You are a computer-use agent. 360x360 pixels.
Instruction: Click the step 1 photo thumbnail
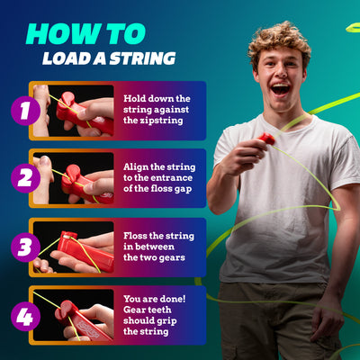[75, 111]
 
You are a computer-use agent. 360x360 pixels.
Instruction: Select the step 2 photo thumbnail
[75, 178]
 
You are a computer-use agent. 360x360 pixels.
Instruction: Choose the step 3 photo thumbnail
[75, 247]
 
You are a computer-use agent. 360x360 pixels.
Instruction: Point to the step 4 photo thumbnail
[75, 315]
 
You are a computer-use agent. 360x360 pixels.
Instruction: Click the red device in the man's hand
[266, 139]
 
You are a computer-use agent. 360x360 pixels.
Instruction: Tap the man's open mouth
[280, 89]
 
